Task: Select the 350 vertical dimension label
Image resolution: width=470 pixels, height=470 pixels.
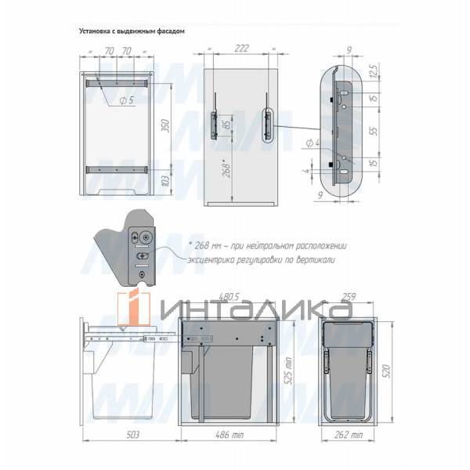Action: (164, 125)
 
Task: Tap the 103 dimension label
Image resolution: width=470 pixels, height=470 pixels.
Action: (164, 181)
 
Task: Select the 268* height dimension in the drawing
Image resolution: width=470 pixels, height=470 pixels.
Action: (226, 168)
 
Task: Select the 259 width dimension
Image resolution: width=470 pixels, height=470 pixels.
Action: (349, 298)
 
